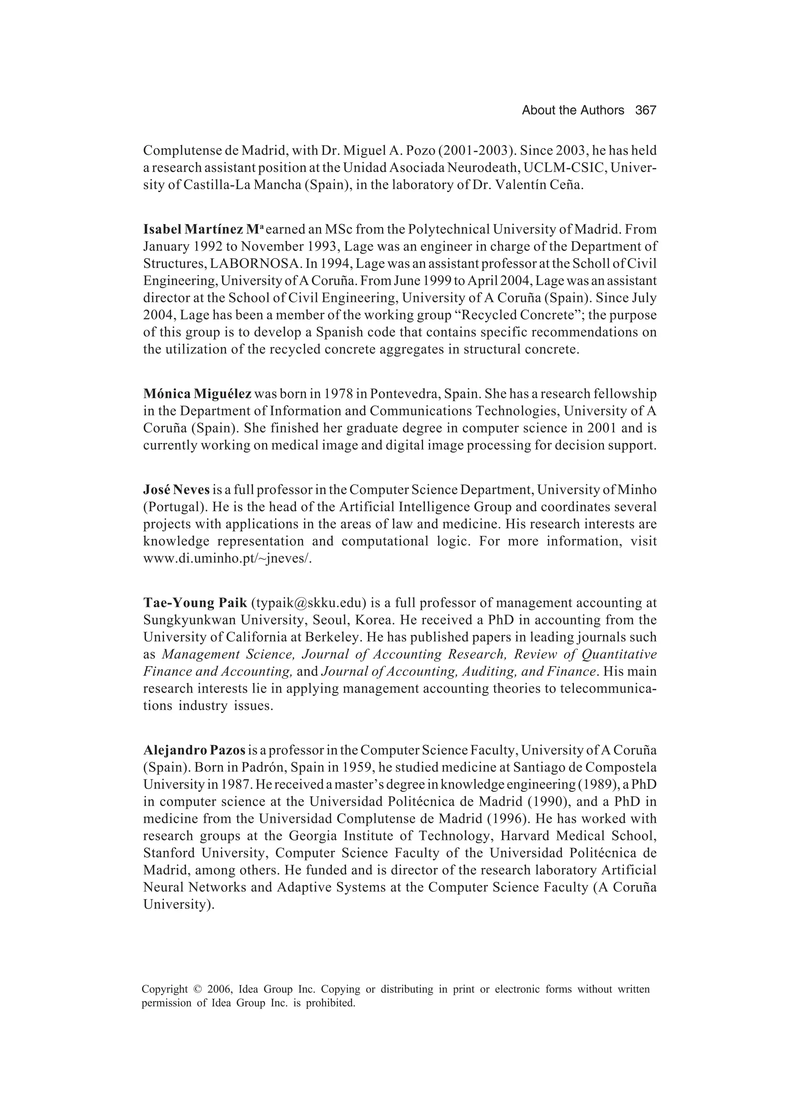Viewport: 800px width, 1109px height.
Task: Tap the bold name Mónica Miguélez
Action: [x=197, y=394]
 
